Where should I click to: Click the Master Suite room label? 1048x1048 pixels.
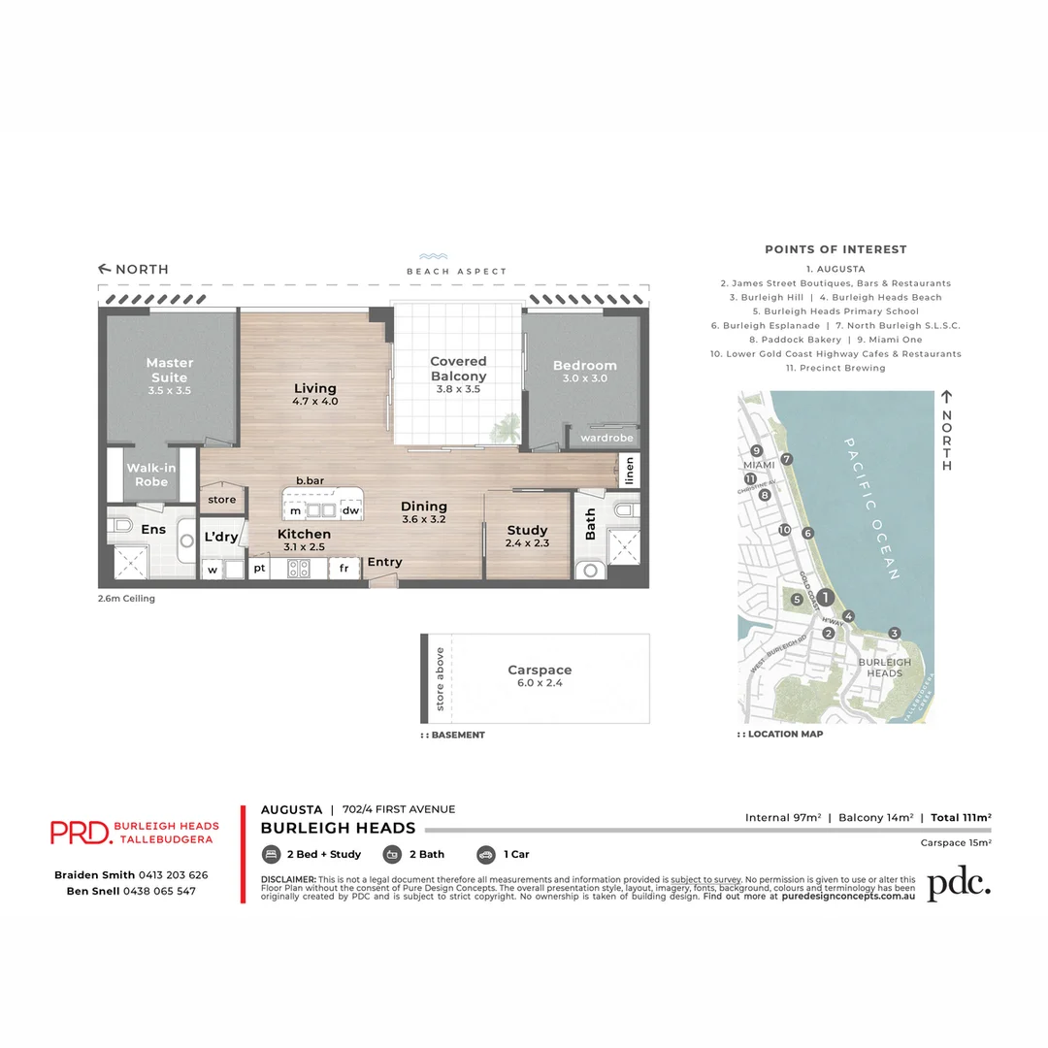pyautogui.click(x=170, y=370)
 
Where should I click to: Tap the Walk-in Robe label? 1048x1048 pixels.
pyautogui.click(x=151, y=475)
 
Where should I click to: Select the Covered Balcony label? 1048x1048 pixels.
pyautogui.click(x=458, y=369)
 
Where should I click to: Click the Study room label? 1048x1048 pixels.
pyautogui.click(x=528, y=530)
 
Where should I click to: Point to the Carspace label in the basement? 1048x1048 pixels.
pyautogui.click(x=540, y=670)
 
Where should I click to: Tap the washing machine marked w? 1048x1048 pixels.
pyautogui.click(x=212, y=570)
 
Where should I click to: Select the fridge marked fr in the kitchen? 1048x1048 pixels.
pyautogui.click(x=344, y=570)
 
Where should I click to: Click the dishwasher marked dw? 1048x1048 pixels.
pyautogui.click(x=350, y=510)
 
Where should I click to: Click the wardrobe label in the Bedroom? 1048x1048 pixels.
pyautogui.click(x=606, y=438)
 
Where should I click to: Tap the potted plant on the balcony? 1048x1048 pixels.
pyautogui.click(x=505, y=427)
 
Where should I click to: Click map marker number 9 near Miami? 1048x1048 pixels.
pyautogui.click(x=756, y=450)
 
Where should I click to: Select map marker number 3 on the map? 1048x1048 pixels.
pyautogui.click(x=895, y=633)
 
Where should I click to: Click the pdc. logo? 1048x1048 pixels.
pyautogui.click(x=958, y=882)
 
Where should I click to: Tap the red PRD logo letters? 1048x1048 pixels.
pyautogui.click(x=79, y=832)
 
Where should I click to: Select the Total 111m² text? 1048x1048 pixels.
pyautogui.click(x=961, y=818)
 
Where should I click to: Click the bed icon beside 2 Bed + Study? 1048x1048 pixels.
pyautogui.click(x=271, y=855)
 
